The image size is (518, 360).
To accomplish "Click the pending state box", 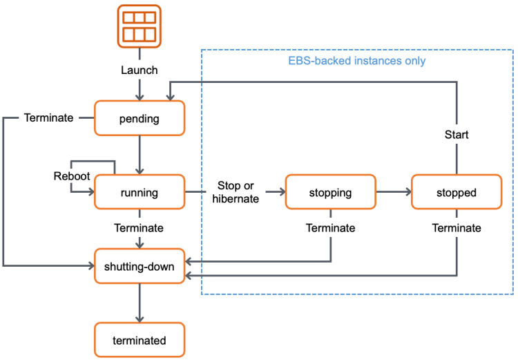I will pos(140,118).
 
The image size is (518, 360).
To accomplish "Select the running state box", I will pos(140,193).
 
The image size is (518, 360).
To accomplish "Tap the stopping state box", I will pos(330,193).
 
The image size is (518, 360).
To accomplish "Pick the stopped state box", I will pos(457,193).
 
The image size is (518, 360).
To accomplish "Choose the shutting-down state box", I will pos(140,266).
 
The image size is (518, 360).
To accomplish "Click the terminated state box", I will pos(140,340).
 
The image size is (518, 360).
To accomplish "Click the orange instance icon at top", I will pos(140,26).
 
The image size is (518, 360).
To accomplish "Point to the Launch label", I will pos(140,70).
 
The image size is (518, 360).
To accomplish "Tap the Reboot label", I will pos(72,176).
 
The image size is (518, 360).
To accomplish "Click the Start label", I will pos(457,135).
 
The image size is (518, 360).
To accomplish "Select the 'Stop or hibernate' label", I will pos(237,193).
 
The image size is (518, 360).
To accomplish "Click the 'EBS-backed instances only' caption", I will pos(356,61).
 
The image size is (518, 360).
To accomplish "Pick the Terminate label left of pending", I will pos(48,118).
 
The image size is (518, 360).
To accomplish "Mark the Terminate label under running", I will pos(140,228).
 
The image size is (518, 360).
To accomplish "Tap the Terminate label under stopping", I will pos(330,228).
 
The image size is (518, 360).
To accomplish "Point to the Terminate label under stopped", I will pos(457,228).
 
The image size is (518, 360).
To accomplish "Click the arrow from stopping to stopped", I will pos(393,192).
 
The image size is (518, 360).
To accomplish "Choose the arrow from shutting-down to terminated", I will pos(140,302).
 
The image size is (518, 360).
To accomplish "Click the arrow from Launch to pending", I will pos(140,89).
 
